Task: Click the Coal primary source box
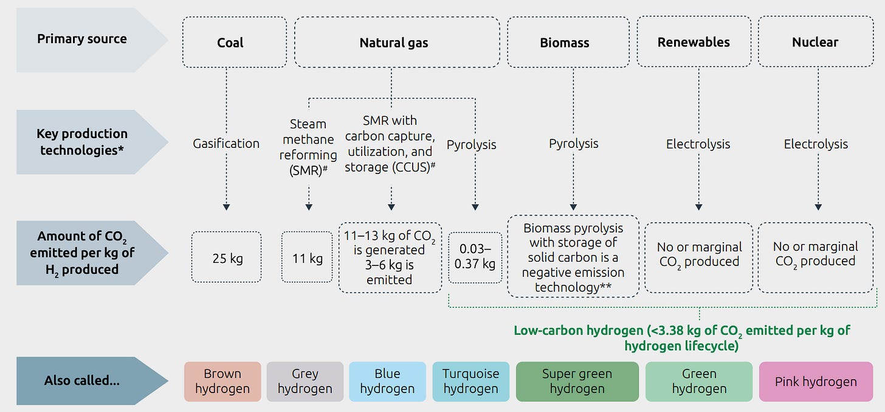click(x=230, y=42)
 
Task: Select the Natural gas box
click(x=393, y=42)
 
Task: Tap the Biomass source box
click(x=565, y=42)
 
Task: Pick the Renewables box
click(x=694, y=42)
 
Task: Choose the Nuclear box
click(x=814, y=42)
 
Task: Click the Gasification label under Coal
click(x=226, y=144)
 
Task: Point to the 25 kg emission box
click(x=227, y=257)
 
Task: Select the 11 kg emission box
click(x=308, y=257)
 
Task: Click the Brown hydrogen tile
click(x=222, y=382)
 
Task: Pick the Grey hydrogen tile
click(x=305, y=382)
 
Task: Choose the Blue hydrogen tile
click(x=387, y=382)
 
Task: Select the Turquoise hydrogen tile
click(x=470, y=382)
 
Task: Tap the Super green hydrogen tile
click(x=577, y=382)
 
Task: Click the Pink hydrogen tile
click(x=816, y=382)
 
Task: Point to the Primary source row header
click(x=82, y=39)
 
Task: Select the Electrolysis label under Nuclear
click(x=816, y=144)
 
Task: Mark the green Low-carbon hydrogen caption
click(x=681, y=338)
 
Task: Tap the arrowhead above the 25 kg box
click(x=226, y=207)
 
